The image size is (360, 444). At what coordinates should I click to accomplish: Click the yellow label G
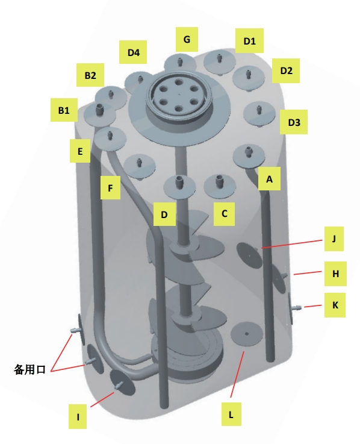pos(187,39)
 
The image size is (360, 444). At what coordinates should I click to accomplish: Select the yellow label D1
pos(249,40)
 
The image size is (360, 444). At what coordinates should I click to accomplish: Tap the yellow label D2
pos(286,71)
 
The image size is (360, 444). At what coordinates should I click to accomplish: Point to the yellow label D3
pos(294,122)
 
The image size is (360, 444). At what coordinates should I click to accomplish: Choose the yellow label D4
pos(133,52)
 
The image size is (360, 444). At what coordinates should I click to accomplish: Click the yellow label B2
pos(90,75)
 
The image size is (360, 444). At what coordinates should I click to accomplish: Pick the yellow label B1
pos(64,110)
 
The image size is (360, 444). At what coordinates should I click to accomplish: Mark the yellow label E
pos(80,151)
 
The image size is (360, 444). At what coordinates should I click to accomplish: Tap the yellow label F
pos(110,187)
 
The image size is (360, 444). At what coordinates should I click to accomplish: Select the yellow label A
pos(270,179)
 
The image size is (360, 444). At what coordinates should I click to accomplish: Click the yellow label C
pos(224,214)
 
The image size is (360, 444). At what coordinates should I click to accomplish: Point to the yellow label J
pos(334,239)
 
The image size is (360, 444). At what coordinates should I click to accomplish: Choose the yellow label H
pos(335,274)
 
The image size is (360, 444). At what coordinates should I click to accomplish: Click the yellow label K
pos(335,305)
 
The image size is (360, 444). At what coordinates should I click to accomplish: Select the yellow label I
pos(78,416)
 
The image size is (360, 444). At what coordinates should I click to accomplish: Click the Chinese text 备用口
pos(29,369)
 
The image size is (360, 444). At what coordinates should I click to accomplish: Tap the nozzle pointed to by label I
pos(119,385)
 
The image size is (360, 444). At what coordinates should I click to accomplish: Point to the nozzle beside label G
pos(179,61)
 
